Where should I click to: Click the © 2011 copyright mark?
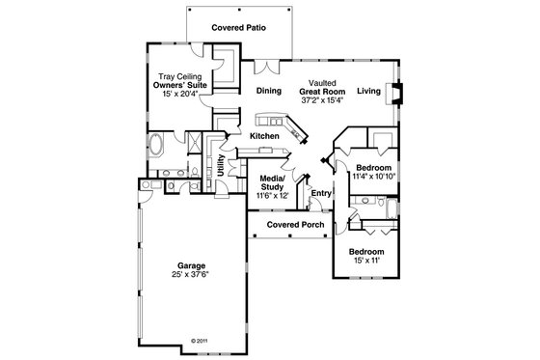click(200, 341)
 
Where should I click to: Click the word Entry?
click(320, 193)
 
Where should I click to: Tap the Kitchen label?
click(264, 136)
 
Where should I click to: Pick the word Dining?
click(269, 91)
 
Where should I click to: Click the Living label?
click(367, 91)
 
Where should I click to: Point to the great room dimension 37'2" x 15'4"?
click(321, 100)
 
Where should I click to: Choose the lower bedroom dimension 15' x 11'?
click(370, 259)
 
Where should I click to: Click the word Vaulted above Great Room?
click(321, 83)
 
